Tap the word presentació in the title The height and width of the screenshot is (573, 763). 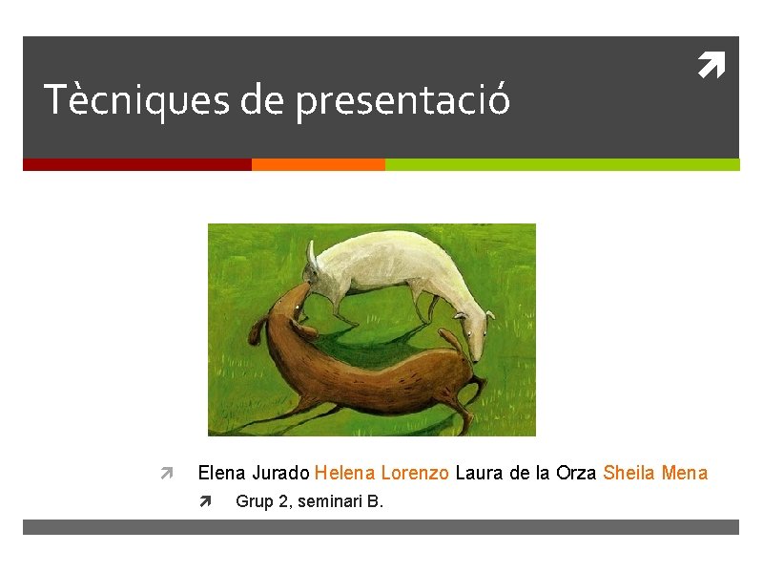(x=402, y=101)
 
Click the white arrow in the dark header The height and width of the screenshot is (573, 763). (x=711, y=67)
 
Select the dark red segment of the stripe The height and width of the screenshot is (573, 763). (x=136, y=164)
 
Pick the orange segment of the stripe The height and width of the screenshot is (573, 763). (x=318, y=164)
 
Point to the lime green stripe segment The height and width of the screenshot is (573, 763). (x=562, y=164)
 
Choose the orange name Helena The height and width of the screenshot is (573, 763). (x=344, y=473)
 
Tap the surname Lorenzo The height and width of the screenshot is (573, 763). (x=415, y=473)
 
